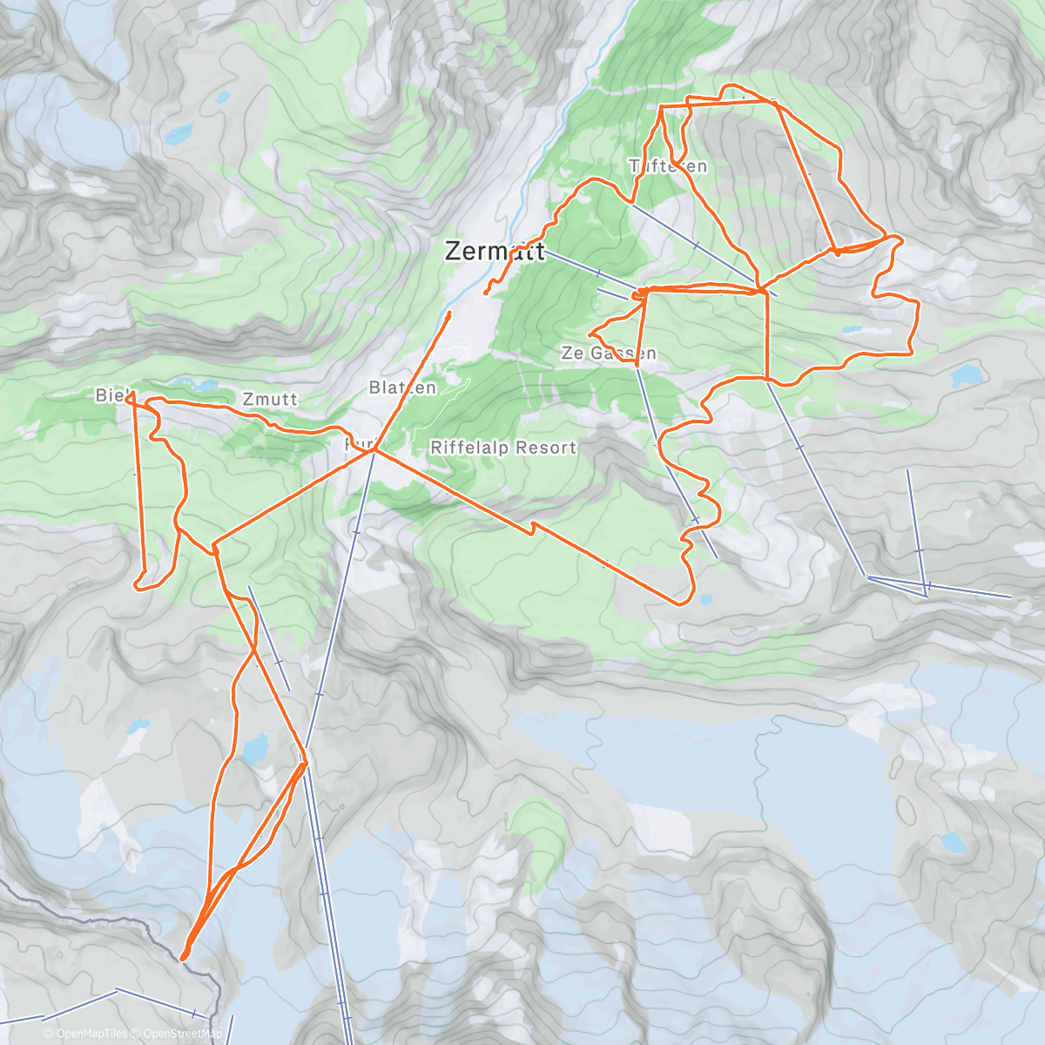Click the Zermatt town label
pos(494,251)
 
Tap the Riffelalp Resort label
pos(503,448)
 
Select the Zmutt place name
pos(270,399)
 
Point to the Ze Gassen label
pos(609,353)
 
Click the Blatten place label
pos(402,388)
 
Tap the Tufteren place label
pos(668,165)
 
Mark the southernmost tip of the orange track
pos(184,958)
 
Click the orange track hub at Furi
pos(374,450)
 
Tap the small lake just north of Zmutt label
pos(196,383)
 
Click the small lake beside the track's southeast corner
pos(705,599)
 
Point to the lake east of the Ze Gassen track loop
pos(965,376)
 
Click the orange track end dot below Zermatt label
pos(485,293)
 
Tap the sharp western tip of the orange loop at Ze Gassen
pos(590,334)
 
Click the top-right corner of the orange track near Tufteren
pos(774,102)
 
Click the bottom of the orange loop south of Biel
pos(139,586)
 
